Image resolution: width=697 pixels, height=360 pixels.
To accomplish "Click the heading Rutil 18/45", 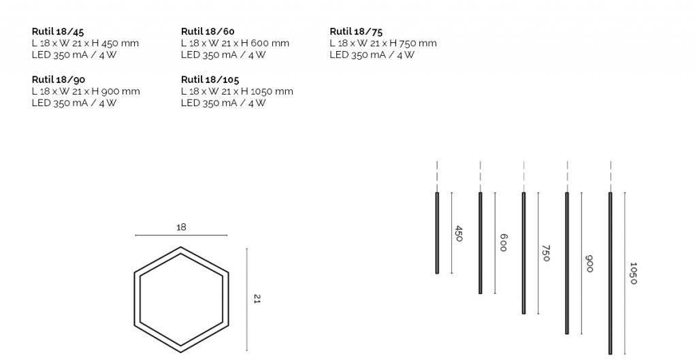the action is (58, 31).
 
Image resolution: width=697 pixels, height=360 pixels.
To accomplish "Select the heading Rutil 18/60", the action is (208, 31).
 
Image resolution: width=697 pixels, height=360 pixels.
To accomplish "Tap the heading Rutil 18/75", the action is (356, 31).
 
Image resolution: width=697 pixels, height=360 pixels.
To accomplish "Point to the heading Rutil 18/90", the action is (59, 80).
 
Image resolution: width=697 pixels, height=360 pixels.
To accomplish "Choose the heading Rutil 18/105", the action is (210, 80).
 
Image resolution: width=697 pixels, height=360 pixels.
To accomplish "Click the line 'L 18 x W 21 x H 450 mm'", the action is (85, 43).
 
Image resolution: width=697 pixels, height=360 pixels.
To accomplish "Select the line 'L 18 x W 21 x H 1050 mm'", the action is (237, 91).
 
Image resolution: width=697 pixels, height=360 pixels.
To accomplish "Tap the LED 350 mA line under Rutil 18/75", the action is (372, 54).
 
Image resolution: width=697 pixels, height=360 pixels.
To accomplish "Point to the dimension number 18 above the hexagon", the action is (181, 227).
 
